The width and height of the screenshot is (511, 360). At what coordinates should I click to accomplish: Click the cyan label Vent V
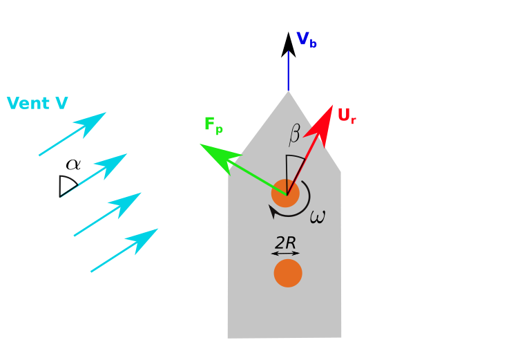[x=37, y=104]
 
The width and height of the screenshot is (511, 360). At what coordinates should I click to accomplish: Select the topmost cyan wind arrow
[x=73, y=134]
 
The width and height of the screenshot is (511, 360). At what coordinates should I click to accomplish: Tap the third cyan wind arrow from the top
[x=108, y=214]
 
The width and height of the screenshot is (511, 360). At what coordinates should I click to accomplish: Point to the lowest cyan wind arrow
[x=124, y=250]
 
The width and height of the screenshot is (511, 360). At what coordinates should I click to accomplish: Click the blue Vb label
[x=306, y=39]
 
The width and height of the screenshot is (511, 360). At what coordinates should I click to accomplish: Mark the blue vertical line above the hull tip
[x=288, y=70]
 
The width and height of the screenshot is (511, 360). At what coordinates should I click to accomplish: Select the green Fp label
[x=213, y=125]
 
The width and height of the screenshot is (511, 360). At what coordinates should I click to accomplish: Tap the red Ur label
[x=346, y=116]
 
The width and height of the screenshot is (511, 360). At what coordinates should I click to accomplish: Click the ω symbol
[x=317, y=217]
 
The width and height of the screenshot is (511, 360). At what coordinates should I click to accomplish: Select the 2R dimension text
[x=285, y=243]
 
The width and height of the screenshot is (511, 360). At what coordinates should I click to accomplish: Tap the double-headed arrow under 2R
[x=285, y=254]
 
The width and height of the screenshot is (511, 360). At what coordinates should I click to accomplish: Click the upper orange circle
[x=285, y=193]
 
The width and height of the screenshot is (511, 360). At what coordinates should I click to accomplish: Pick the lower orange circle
[x=288, y=273]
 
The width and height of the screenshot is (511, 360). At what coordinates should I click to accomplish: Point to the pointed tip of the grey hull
[x=288, y=93]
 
